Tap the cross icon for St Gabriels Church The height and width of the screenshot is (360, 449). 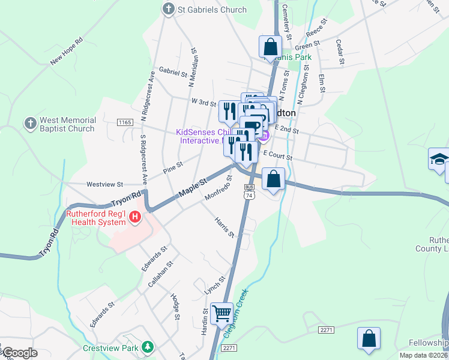(x=169, y=9)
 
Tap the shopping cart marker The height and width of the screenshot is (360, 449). (x=222, y=312)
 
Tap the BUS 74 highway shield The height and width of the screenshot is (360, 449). (x=250, y=191)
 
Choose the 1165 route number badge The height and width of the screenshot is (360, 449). (x=125, y=122)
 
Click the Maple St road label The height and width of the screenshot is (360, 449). (x=193, y=187)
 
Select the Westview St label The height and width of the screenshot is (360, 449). (x=104, y=184)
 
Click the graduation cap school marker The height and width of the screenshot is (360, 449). (x=439, y=159)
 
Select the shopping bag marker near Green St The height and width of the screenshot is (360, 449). (x=271, y=46)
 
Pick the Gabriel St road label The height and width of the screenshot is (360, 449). (x=173, y=72)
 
